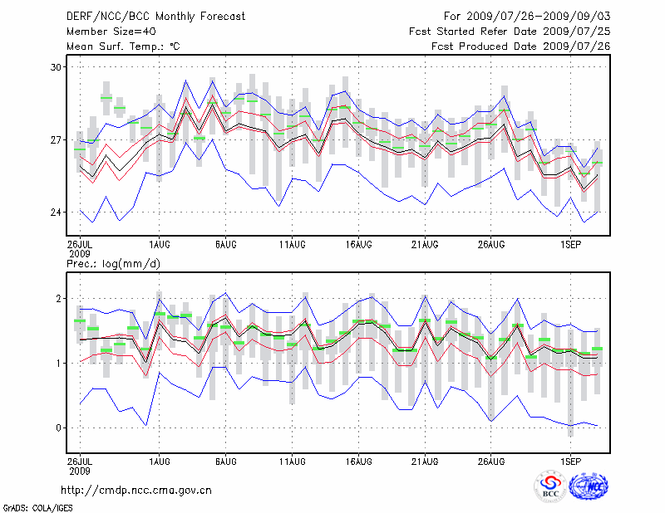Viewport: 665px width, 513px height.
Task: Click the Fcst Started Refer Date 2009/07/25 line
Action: click(510, 31)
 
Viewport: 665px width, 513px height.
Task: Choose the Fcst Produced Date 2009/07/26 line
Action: click(520, 46)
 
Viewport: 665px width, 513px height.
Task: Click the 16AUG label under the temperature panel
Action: click(358, 245)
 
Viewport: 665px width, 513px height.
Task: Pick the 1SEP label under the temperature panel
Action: click(570, 245)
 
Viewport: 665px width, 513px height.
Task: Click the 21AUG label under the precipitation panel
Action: click(425, 459)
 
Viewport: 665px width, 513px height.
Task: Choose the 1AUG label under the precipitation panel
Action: click(160, 459)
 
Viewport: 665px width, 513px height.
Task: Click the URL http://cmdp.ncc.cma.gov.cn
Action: click(136, 490)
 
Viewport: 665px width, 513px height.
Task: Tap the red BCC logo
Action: click(550, 487)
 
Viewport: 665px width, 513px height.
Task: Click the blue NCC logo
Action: click(588, 487)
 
